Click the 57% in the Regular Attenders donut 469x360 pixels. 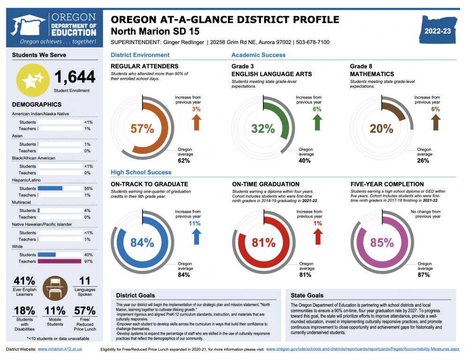tap(142, 128)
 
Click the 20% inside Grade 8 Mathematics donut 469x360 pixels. tap(381, 128)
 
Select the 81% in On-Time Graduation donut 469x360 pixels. tap(263, 242)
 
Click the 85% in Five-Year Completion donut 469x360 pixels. tap(382, 242)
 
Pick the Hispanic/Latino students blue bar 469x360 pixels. tap(50, 188)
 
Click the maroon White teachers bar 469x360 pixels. tap(60, 262)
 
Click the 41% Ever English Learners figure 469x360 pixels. tap(24, 281)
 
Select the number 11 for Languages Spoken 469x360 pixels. tap(85, 281)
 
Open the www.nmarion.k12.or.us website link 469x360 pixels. tap(60, 349)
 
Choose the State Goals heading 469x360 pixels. tap(307, 295)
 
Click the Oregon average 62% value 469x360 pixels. tap(184, 161)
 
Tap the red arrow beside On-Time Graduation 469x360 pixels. tap(318, 236)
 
